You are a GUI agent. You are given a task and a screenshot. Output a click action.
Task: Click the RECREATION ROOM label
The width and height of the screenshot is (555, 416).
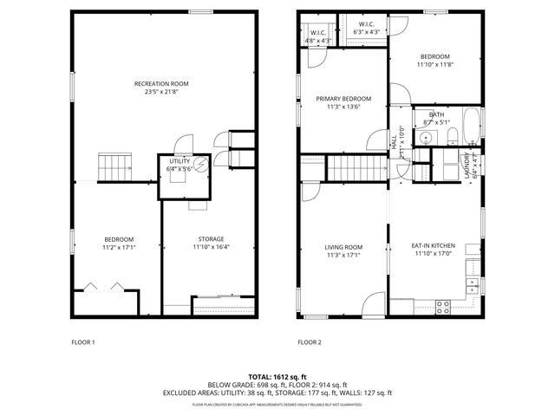(x=161, y=83)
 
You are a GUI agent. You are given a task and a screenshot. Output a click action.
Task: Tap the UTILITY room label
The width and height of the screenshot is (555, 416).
(x=180, y=161)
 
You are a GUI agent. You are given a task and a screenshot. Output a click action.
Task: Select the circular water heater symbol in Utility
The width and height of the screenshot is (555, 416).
(x=201, y=165)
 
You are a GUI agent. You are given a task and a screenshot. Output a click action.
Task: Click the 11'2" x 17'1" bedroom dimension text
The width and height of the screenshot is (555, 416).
(x=120, y=247)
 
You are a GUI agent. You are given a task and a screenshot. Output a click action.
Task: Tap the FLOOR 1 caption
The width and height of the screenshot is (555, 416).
(x=83, y=342)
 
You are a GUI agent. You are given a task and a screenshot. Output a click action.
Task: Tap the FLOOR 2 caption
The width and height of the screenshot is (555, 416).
(x=310, y=342)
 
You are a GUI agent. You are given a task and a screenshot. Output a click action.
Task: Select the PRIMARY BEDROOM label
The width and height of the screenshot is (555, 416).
(x=343, y=99)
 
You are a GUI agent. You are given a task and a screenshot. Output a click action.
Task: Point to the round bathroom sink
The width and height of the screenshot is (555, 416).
(x=427, y=139)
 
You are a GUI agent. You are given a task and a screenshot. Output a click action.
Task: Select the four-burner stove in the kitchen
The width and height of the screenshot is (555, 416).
(x=442, y=305)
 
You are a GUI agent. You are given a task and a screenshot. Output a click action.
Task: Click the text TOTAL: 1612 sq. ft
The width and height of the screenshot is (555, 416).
(x=277, y=377)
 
